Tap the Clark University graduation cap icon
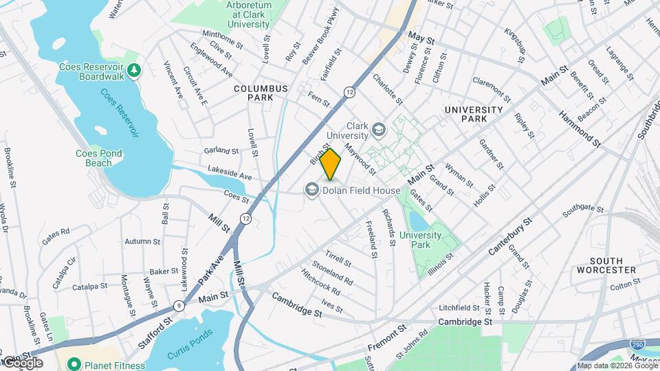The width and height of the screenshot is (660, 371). pos(378,129)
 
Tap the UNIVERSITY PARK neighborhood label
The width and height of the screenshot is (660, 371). pos(474,114)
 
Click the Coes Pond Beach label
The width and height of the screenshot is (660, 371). pos(93,158)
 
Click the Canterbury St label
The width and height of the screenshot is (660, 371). pos(511,234)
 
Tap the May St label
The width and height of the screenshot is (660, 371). pos(421,38)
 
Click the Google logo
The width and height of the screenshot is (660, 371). pos(22,362)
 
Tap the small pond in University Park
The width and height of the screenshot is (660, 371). pos(418,221)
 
